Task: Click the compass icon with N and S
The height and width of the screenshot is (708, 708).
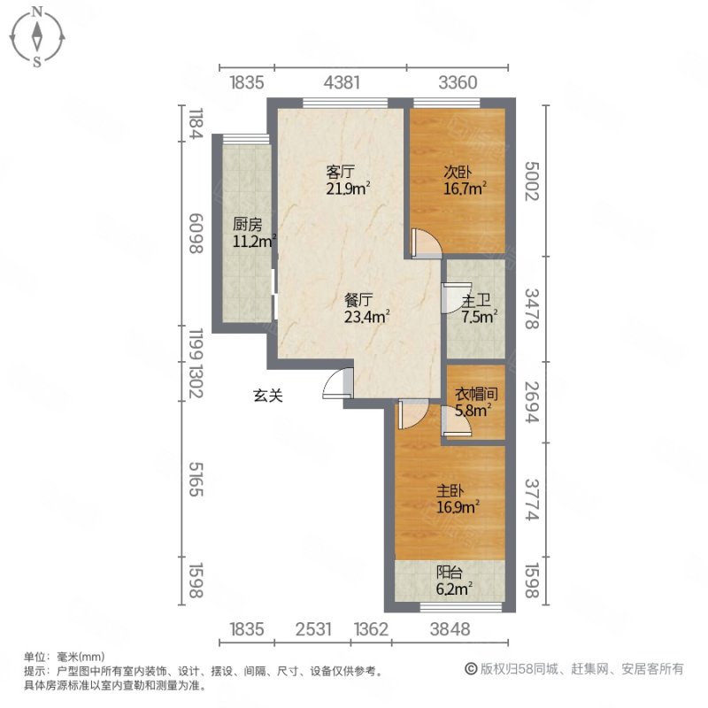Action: (37, 36)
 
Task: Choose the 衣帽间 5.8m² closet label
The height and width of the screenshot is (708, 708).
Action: (473, 403)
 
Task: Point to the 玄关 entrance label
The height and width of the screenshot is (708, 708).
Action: (269, 397)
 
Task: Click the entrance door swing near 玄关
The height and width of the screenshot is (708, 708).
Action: (339, 383)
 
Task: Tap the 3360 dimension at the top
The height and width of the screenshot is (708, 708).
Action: (459, 83)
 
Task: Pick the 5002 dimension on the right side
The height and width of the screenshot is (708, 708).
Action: (532, 181)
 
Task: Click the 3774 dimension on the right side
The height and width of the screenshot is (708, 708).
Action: (532, 501)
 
